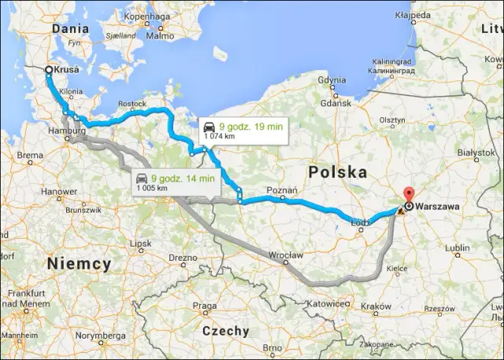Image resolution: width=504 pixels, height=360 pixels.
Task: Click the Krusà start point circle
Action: pos(49,70)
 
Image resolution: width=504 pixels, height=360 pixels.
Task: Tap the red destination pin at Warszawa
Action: pos(407,196)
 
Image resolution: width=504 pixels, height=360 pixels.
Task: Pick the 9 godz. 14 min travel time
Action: pos(183,179)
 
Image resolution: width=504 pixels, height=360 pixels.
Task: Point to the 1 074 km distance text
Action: pos(220,135)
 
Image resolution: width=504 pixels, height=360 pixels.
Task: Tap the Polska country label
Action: pos(338,171)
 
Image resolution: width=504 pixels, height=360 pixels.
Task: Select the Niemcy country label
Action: pos(79,263)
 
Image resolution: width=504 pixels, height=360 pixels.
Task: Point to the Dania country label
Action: pos(70,28)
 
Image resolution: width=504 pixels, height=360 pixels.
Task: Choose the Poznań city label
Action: pos(282,190)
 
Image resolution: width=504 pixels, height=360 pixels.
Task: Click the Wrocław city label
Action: pos(286,255)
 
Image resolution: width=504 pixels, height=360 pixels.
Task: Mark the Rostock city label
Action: pos(132,103)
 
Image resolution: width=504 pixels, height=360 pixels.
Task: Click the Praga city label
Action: pos(204,305)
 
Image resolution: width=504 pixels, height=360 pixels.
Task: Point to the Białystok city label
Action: pos(474,151)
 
